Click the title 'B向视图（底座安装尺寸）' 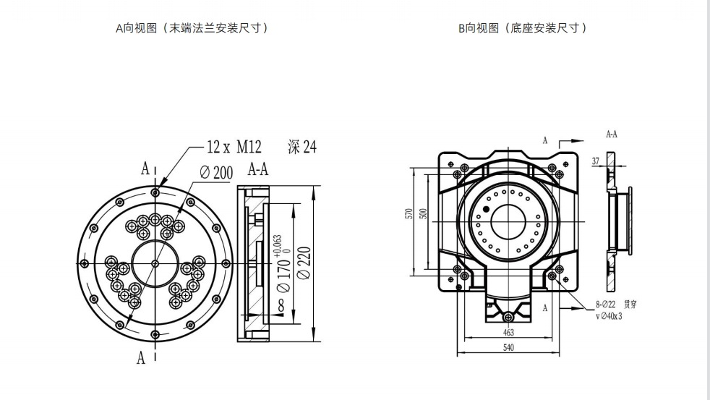pos(522,28)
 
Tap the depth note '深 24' pos(302,148)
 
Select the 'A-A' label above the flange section pos(258,170)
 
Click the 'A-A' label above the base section pos(611,135)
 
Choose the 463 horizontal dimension pos(508,332)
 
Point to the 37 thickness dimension pos(596,161)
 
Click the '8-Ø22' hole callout pos(606,305)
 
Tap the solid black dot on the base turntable pos(486,209)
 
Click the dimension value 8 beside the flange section pos(281,306)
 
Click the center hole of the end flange pos(155,263)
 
